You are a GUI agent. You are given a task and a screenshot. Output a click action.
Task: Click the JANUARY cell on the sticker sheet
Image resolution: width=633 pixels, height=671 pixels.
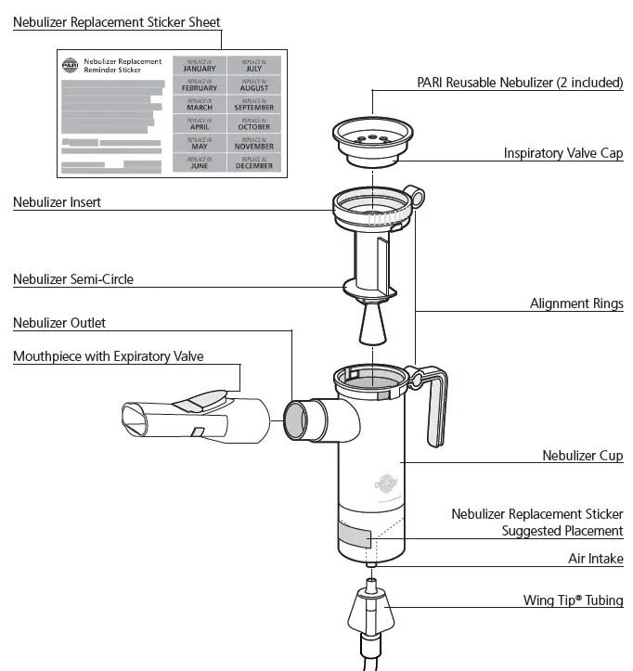click(x=200, y=65)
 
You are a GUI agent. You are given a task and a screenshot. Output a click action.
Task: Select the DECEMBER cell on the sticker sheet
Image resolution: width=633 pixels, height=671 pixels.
click(x=254, y=162)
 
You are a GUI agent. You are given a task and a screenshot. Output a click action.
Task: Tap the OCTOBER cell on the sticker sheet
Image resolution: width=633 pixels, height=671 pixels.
click(x=254, y=123)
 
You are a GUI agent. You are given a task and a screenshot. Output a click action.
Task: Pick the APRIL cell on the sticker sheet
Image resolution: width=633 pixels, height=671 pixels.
click(x=200, y=123)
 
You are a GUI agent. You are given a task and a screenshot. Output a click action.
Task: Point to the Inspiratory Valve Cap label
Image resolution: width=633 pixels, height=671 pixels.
click(x=562, y=153)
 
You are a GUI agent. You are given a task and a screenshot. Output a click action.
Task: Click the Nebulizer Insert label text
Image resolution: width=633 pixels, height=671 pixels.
click(x=57, y=201)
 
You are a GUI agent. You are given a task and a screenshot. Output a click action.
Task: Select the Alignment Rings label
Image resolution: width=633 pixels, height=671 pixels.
click(x=576, y=303)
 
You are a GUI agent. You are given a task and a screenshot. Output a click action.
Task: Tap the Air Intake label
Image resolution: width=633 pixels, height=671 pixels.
click(x=595, y=559)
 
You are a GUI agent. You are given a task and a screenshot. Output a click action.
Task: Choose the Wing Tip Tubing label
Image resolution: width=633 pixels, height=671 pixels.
click(x=573, y=600)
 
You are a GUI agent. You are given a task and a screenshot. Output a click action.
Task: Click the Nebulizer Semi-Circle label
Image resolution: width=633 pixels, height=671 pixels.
click(x=72, y=278)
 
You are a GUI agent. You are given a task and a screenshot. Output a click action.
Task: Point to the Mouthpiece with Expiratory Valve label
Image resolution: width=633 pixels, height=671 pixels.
click(x=108, y=355)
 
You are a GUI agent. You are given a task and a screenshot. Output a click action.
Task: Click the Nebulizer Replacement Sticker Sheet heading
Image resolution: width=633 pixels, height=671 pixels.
click(x=116, y=21)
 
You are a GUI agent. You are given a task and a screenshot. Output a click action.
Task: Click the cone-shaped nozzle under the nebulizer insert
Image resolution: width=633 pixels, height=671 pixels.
click(x=370, y=327)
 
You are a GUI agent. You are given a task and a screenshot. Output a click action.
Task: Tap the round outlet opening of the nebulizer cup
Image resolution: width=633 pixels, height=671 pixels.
click(x=295, y=420)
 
